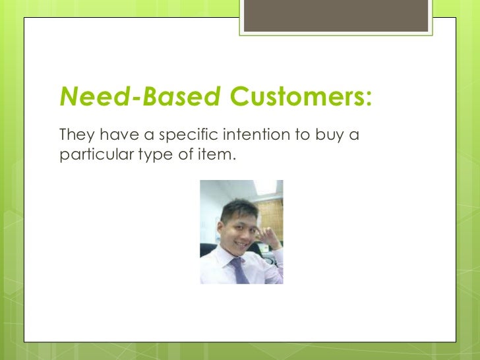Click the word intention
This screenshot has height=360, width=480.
click(x=252, y=135)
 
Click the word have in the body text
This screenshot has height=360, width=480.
click(x=117, y=135)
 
